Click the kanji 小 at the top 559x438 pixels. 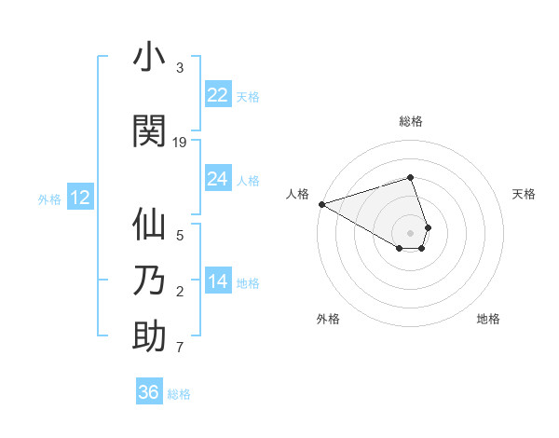(150, 58)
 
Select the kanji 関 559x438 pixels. (150, 130)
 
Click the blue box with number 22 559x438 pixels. (218, 95)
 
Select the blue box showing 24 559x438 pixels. (218, 179)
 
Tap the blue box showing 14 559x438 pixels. (218, 281)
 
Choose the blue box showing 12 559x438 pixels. (80, 198)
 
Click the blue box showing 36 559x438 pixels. (149, 392)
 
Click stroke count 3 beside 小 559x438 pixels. (180, 68)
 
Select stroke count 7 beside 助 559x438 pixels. (180, 348)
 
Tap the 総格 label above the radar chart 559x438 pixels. (411, 121)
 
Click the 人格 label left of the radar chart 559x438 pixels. (298, 194)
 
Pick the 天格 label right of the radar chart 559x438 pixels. (524, 194)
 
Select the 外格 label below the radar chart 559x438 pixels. (328, 319)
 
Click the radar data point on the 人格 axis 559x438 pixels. (321, 203)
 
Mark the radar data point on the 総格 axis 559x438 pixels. (410, 177)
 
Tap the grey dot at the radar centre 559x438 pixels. (410, 232)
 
